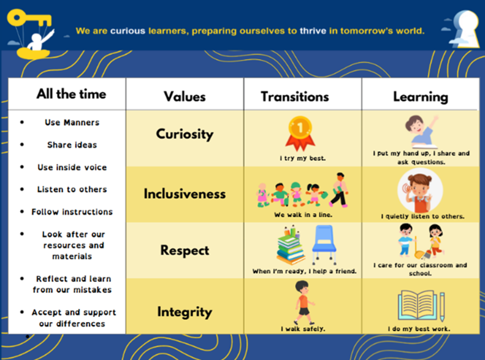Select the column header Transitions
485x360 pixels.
pyautogui.click(x=295, y=97)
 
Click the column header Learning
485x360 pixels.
pyautogui.click(x=420, y=97)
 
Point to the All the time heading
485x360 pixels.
pyautogui.click(x=71, y=94)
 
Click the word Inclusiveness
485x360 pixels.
pyautogui.click(x=185, y=194)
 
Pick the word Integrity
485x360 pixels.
pyautogui.click(x=185, y=312)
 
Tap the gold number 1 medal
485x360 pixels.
pyautogui.click(x=300, y=133)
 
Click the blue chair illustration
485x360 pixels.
pyautogui.click(x=324, y=245)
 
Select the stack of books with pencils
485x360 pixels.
pyautogui.click(x=291, y=245)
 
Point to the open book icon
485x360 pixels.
pyautogui.click(x=421, y=306)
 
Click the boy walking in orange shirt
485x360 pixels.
pyautogui.click(x=304, y=303)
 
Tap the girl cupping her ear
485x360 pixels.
pyautogui.click(x=420, y=191)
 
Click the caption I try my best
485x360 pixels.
pyautogui.click(x=303, y=158)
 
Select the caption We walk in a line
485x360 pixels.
pyautogui.click(x=303, y=215)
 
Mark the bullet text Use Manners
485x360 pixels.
pyautogui.click(x=72, y=122)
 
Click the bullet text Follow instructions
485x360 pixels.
pyautogui.click(x=72, y=212)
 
